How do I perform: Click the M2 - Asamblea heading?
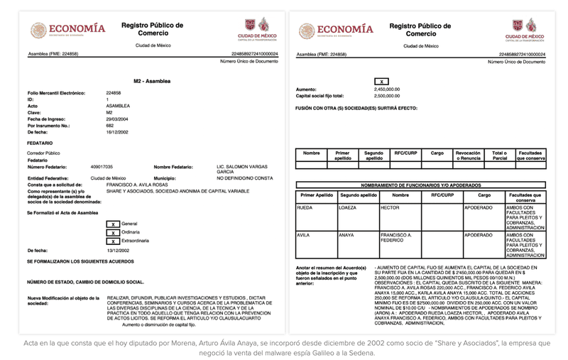coord(152,81)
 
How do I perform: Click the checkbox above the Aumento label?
coord(381,82)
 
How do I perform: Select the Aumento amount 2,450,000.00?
coord(388,89)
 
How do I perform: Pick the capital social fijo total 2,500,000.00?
coord(388,96)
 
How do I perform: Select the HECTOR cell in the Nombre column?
coord(392,207)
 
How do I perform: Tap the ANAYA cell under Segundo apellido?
coord(347,234)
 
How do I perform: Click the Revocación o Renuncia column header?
coord(469,155)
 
